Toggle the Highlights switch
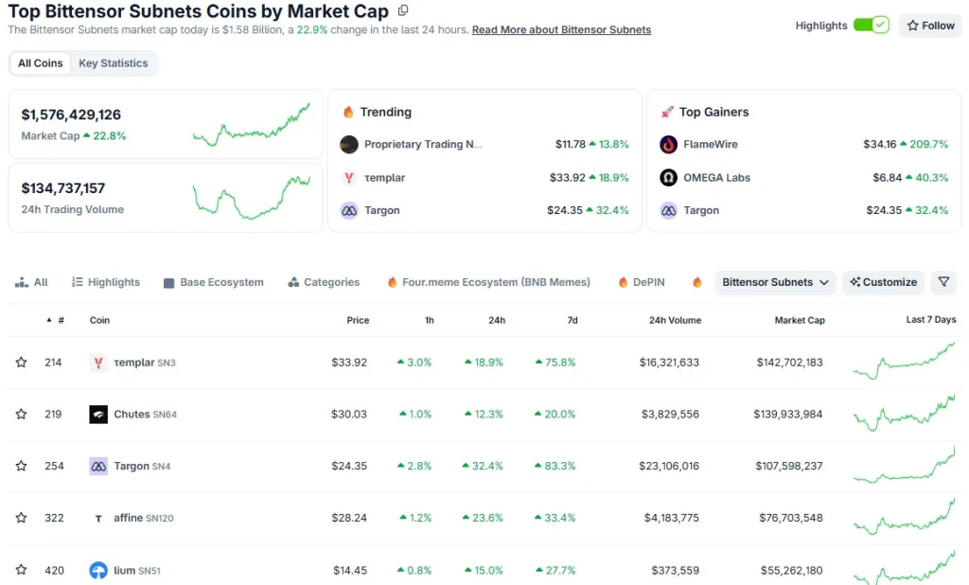coord(871,26)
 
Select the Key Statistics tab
coord(114,63)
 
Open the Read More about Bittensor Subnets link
coord(561,29)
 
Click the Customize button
coord(884,282)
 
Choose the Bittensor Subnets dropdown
coord(775,282)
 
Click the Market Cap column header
coord(800,320)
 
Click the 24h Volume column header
coord(675,320)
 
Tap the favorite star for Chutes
coord(21,415)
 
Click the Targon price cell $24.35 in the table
coord(349,466)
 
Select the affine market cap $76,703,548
coord(790,518)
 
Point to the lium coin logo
coord(98,570)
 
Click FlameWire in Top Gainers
coord(711,145)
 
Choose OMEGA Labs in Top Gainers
coord(716,178)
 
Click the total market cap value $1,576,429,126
coord(71,115)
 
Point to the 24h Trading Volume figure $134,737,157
coord(63,188)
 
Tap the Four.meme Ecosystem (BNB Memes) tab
coord(496,282)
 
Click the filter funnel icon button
coord(943,282)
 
